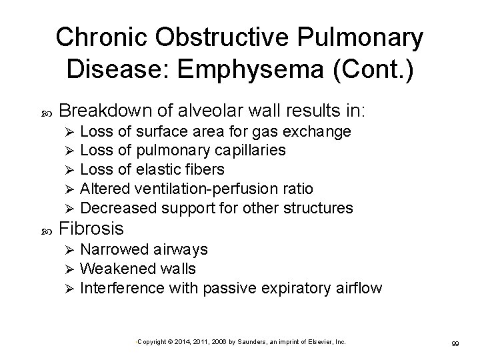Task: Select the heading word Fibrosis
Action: pos(91,229)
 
